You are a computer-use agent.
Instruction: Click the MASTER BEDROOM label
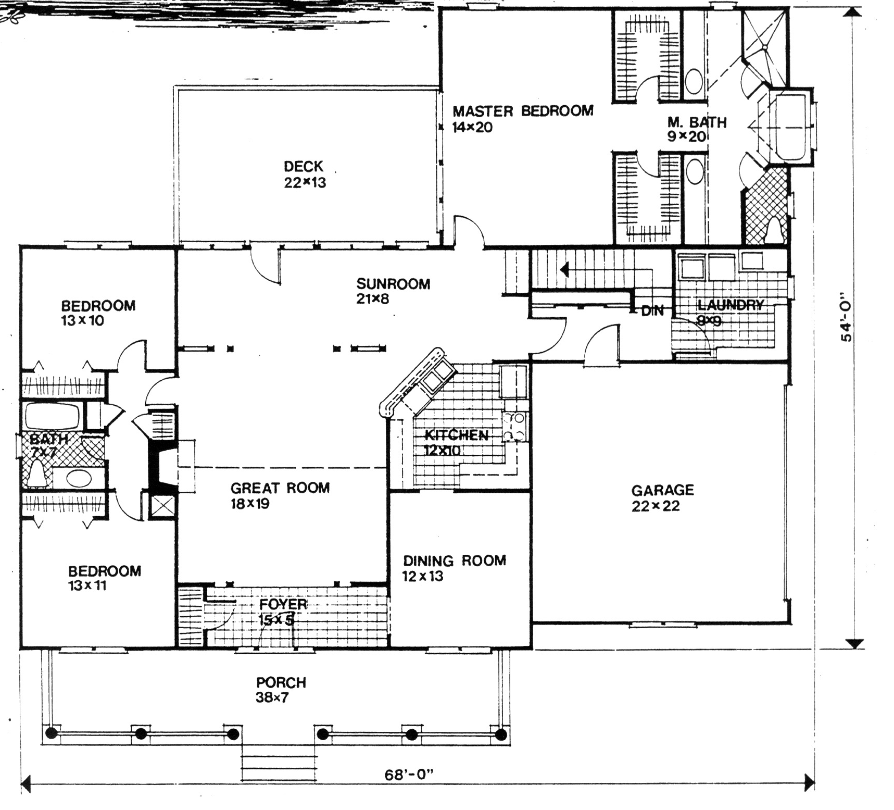(x=522, y=111)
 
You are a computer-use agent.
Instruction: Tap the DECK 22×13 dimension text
(x=305, y=183)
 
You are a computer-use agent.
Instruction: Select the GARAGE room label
(x=662, y=490)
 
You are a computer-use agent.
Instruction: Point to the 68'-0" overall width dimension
(x=409, y=775)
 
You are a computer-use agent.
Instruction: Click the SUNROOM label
(x=393, y=284)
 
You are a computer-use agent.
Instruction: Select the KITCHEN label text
(x=456, y=435)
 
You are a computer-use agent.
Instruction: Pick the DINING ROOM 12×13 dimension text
(x=422, y=576)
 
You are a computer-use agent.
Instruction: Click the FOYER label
(x=283, y=604)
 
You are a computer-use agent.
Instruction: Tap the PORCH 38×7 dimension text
(x=272, y=697)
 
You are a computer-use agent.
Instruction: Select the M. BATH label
(x=697, y=122)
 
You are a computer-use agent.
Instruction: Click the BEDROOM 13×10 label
(x=98, y=306)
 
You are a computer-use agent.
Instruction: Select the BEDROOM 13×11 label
(x=104, y=571)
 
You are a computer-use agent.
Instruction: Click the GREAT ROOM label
(x=280, y=488)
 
